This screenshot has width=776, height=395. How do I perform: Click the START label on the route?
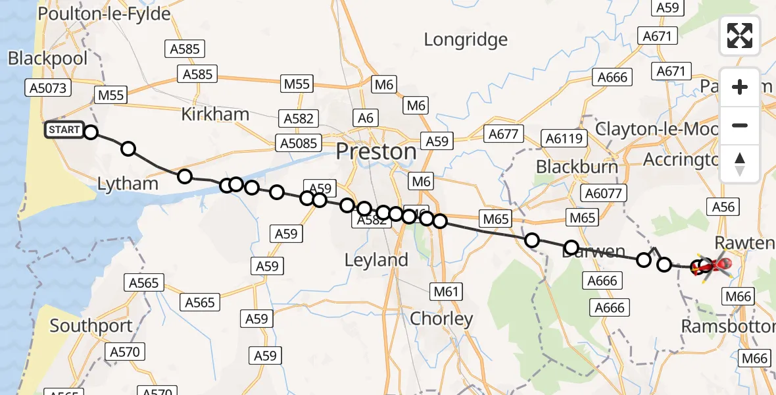point(64,130)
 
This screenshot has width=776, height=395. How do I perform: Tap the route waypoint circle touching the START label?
point(91,132)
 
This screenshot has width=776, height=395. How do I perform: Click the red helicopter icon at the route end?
point(719,265)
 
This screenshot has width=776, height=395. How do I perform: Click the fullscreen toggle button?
point(740,36)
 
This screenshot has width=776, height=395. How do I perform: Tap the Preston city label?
point(376,152)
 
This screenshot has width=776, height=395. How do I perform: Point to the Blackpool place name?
point(48,59)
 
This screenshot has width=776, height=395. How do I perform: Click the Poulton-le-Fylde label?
point(105,14)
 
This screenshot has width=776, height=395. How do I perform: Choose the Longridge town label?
point(466,39)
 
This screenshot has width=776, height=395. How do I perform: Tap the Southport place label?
point(91,326)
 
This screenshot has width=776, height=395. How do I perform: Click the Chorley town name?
point(441,319)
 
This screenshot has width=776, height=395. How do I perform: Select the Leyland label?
point(376,260)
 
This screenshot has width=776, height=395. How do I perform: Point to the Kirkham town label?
point(215,114)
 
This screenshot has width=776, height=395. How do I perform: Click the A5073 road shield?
point(48,88)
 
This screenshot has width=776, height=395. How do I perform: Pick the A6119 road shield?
point(562,139)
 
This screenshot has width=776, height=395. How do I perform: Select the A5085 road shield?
point(298,143)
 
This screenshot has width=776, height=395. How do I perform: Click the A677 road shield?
point(503,134)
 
